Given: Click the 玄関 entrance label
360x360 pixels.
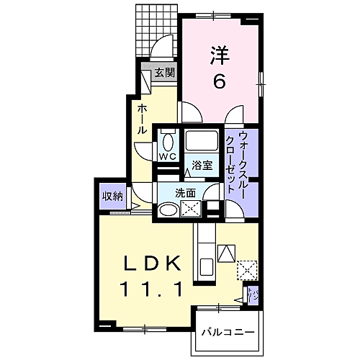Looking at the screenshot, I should (164, 72).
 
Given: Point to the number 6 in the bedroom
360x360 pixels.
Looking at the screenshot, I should (219, 81).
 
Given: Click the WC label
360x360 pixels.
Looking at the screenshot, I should (168, 156).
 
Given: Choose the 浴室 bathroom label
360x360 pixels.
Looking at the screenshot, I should (202, 164).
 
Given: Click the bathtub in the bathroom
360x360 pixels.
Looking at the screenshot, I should (202, 140).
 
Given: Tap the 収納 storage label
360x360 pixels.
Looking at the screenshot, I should (112, 196).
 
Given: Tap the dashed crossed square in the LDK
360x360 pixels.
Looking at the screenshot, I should (247, 269).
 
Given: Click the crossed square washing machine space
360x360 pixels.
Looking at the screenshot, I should (193, 210).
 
